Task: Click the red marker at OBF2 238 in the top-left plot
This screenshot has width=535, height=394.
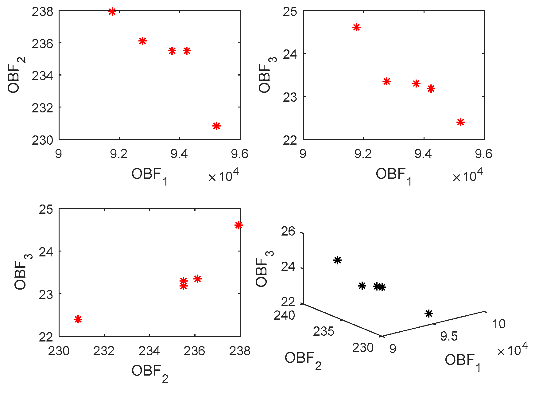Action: point(112,12)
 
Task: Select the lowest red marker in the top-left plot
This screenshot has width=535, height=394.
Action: point(217,126)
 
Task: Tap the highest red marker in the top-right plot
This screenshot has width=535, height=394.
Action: point(356,27)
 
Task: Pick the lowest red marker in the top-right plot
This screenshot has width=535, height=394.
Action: point(460,122)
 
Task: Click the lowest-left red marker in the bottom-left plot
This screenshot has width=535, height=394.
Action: point(78,319)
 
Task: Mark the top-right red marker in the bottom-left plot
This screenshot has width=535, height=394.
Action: point(238,225)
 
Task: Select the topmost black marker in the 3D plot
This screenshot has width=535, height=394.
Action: point(338,260)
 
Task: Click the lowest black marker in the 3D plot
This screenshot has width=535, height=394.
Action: point(429,314)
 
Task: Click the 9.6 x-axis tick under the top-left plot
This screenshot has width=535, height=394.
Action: point(240,154)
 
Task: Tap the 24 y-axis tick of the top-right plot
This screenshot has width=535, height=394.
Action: point(290,54)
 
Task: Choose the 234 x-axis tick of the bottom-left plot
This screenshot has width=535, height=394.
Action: point(149,351)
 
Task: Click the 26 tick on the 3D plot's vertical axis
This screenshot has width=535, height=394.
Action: point(288,231)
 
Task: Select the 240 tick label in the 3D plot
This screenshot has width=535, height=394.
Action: point(284,315)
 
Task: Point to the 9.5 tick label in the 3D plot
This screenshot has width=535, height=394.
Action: point(449,337)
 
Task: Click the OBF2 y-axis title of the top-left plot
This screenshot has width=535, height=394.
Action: point(17,75)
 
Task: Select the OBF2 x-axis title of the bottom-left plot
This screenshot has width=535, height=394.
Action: point(150,372)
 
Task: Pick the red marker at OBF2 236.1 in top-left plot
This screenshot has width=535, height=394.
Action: point(142,41)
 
